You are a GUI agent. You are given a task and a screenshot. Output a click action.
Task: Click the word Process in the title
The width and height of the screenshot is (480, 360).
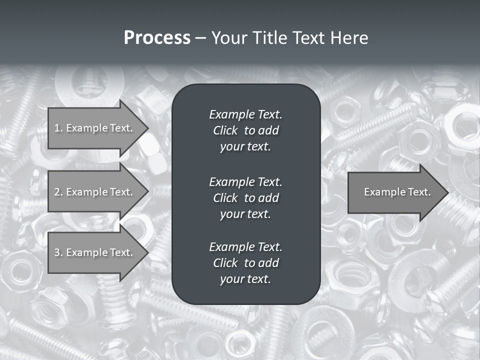pos(157,38)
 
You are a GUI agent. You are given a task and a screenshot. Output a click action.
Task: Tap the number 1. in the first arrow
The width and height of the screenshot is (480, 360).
pos(58,128)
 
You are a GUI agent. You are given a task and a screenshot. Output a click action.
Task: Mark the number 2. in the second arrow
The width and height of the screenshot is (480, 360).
pos(58,192)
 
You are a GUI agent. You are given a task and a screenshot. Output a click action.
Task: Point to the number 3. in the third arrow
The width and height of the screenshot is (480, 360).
pos(58,252)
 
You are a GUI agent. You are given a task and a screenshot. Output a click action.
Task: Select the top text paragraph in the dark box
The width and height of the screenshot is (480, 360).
pos(245,130)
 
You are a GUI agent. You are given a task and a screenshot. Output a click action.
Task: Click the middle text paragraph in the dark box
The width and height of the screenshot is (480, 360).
pos(245,197)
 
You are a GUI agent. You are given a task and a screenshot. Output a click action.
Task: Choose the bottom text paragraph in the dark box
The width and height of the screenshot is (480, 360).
pos(245,263)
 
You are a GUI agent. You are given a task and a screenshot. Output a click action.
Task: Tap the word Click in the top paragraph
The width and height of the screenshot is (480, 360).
pos(225,130)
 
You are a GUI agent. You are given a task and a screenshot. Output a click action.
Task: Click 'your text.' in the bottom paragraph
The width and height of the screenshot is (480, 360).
pos(245,279)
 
